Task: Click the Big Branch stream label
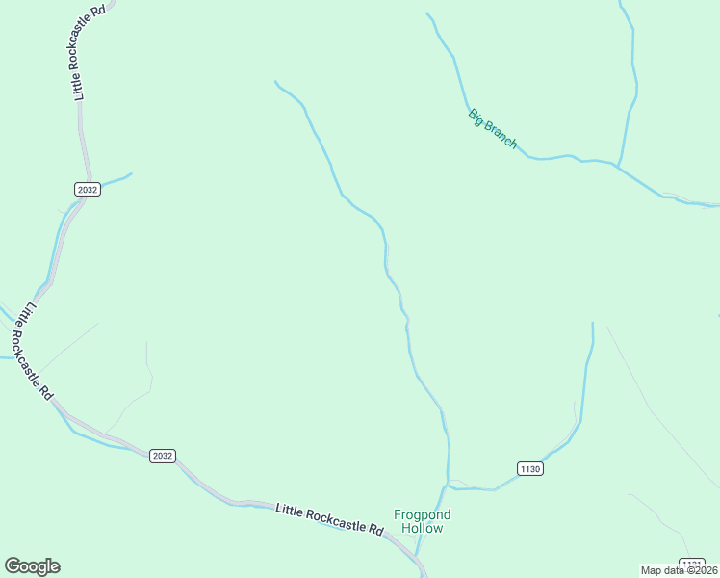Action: (493, 129)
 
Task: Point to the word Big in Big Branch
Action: (476, 117)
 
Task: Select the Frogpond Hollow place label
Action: (423, 521)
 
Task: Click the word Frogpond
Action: (423, 514)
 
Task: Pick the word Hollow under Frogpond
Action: (423, 528)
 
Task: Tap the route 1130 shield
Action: (530, 469)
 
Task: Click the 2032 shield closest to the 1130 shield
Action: (163, 456)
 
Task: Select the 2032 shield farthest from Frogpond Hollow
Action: (87, 189)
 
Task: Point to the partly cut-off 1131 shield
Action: (691, 563)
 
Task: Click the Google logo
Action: (32, 566)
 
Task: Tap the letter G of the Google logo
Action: (13, 566)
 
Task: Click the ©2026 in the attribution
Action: (700, 570)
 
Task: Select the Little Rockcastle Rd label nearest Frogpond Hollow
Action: (329, 519)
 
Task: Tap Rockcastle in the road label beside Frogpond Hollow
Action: (333, 520)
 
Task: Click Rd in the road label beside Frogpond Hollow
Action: (375, 530)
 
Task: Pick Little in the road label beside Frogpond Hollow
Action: (291, 510)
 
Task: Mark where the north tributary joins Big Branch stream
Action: (616, 166)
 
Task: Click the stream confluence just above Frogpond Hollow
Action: (448, 484)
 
